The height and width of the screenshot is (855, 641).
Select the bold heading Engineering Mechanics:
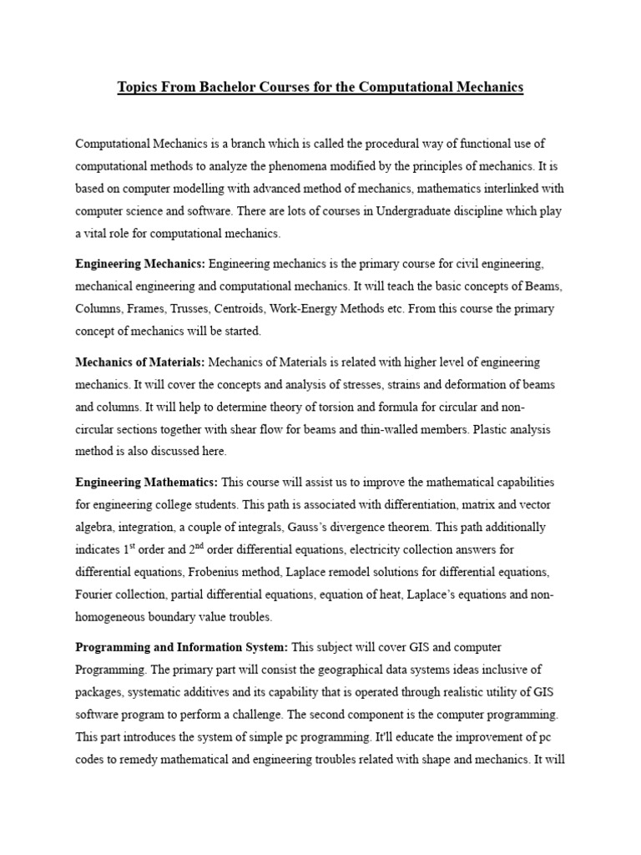point(140,264)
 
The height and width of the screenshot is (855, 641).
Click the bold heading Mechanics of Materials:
point(140,362)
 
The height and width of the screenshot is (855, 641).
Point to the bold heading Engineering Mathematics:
point(146,483)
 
